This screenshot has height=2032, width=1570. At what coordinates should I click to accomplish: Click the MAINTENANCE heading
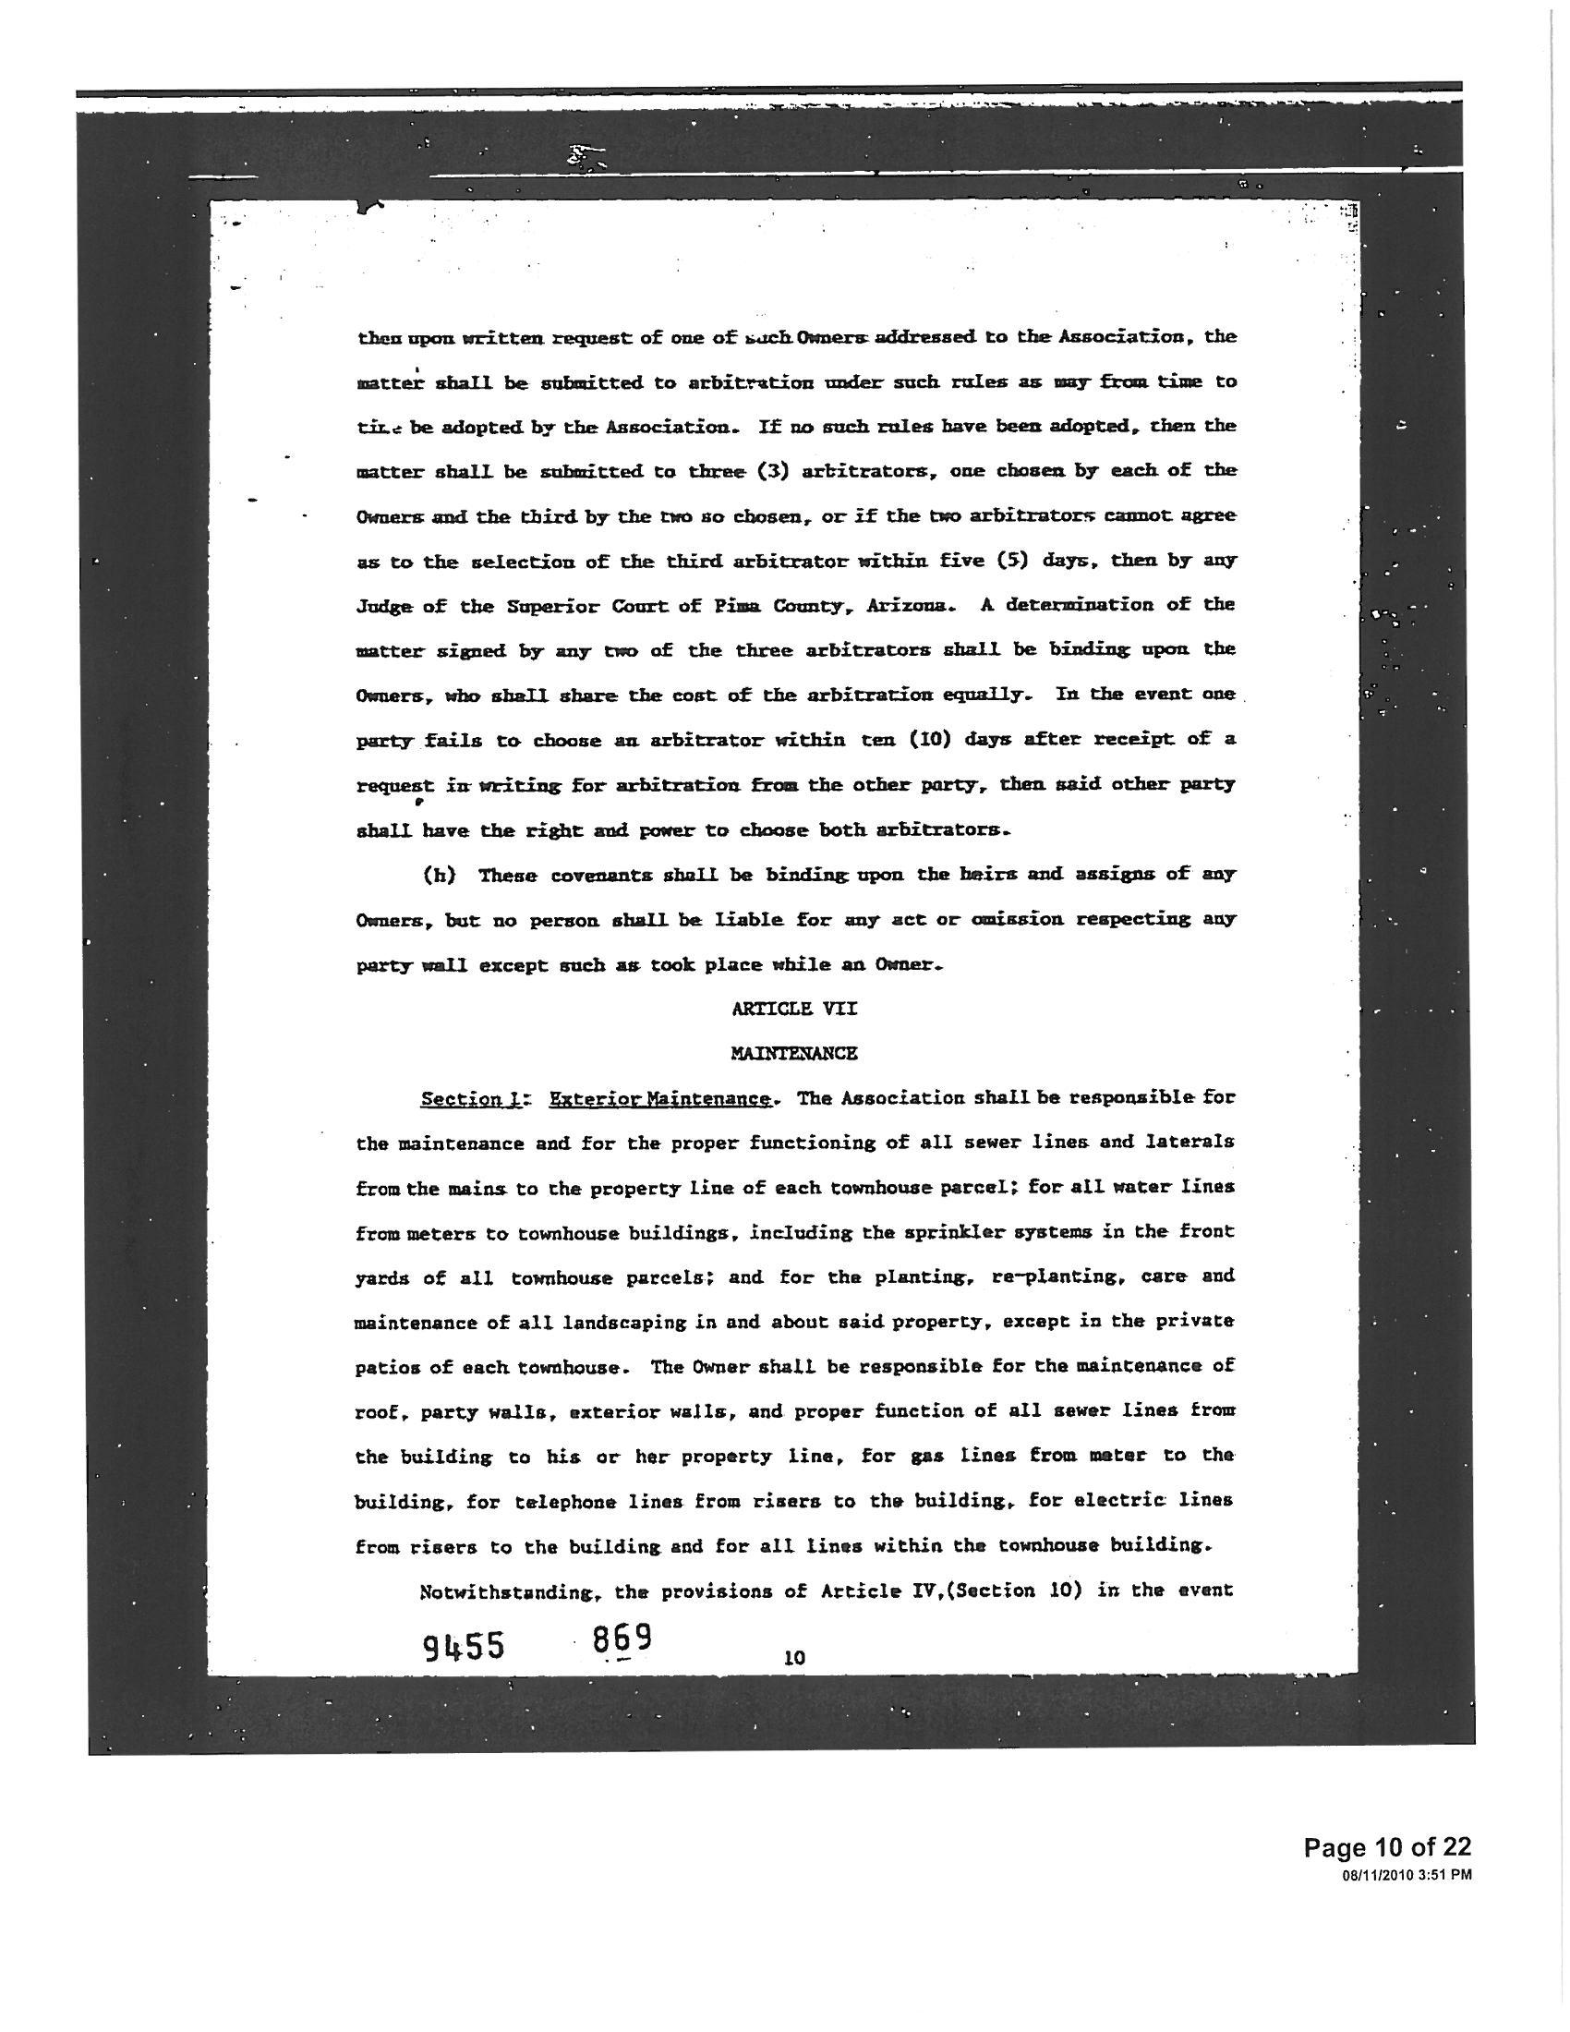(x=793, y=1053)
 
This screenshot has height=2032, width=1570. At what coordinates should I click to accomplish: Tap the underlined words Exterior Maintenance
(x=660, y=1099)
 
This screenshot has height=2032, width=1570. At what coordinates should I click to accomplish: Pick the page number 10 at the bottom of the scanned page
(x=794, y=1657)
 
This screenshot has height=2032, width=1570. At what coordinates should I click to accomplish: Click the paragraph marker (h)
(x=438, y=876)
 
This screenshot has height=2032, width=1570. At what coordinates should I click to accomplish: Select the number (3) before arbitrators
(x=773, y=471)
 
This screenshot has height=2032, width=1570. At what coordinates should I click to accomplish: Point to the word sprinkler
(x=1036, y=1233)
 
